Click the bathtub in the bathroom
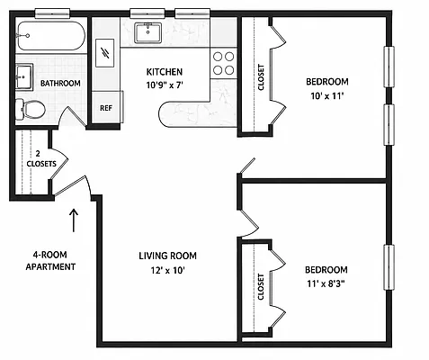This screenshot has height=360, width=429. (51, 35)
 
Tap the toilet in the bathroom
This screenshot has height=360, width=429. (31, 109)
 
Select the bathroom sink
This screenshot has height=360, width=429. (24, 76)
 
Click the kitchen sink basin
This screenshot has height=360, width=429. (148, 32)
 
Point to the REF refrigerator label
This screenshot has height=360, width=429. (106, 108)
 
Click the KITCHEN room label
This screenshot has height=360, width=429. (165, 72)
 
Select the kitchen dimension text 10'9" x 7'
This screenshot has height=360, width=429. (165, 85)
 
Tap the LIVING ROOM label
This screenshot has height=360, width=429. (167, 256)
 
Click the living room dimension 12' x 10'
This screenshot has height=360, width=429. (167, 271)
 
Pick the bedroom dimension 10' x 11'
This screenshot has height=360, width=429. (327, 96)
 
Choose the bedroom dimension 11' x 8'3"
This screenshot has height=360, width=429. (326, 283)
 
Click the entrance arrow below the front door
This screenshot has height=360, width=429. (74, 220)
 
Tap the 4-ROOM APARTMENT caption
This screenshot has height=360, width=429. (50, 261)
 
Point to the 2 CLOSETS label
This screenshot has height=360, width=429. (41, 159)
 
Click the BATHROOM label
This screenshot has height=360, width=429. (60, 84)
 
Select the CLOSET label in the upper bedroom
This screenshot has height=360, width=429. (261, 77)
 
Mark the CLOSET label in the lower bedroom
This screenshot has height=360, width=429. (261, 287)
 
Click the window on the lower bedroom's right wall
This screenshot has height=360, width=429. (389, 267)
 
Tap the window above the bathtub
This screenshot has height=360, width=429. (52, 13)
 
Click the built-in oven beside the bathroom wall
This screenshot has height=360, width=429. (104, 53)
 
